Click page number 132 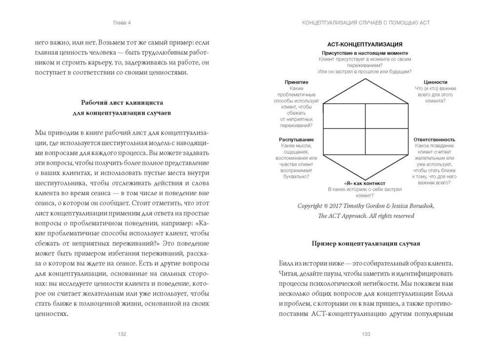pos(122,334)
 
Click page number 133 pos(365,334)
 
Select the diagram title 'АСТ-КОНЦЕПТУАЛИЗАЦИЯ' pos(365,44)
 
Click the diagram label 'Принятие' pos(296,83)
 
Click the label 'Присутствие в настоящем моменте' pos(365,52)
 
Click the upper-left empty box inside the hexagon pos(345,115)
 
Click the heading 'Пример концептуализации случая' pos(365,243)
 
